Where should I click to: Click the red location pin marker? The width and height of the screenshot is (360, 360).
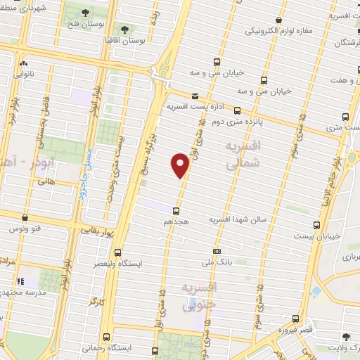point(180,165)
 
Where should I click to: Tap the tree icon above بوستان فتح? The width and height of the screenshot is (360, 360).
point(85,13)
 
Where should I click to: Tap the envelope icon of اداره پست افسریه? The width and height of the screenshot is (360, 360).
point(195,97)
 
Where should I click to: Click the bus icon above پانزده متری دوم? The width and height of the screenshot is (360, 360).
point(237,110)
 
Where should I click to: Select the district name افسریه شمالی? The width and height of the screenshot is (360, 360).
point(243,154)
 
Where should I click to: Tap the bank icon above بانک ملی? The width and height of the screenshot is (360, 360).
point(217,250)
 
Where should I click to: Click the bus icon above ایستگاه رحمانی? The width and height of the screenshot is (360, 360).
point(105,337)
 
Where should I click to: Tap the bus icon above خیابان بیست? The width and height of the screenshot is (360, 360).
point(316,225)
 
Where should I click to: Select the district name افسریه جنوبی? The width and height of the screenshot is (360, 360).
point(200,295)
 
